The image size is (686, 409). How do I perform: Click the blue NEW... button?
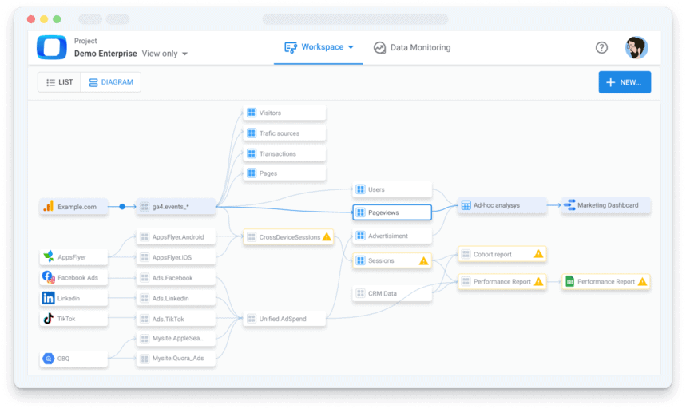(x=625, y=82)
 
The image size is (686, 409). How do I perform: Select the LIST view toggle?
(x=60, y=82)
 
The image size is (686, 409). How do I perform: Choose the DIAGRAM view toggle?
(x=111, y=82)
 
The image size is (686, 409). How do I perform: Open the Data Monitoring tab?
(x=412, y=47)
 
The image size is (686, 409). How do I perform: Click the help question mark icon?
(x=601, y=47)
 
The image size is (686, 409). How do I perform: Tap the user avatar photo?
(x=636, y=47)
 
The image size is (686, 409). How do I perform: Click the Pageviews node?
(x=392, y=212)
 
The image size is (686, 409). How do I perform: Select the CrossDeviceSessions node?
(x=288, y=237)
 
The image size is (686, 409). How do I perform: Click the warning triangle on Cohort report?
(x=538, y=254)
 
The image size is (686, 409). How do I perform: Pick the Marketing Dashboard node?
(x=606, y=205)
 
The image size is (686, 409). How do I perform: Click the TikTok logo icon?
(x=48, y=319)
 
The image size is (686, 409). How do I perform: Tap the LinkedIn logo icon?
(x=48, y=298)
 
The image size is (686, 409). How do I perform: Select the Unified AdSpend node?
(x=284, y=319)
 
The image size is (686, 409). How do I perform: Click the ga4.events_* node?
(x=176, y=207)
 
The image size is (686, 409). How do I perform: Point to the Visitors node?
(x=284, y=113)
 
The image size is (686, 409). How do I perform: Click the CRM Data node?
(x=392, y=293)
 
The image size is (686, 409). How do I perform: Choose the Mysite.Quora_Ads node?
(x=176, y=358)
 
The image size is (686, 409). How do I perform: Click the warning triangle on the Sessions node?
(x=423, y=260)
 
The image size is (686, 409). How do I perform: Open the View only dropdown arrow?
(x=185, y=54)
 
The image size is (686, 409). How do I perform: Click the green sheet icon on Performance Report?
(x=569, y=281)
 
